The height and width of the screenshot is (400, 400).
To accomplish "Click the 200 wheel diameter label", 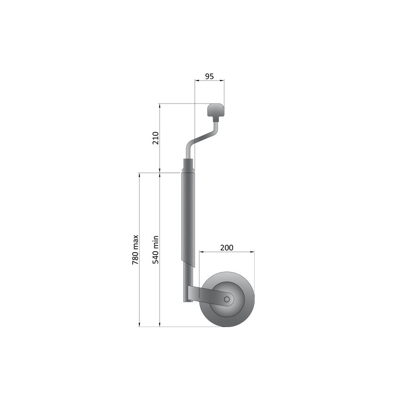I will tap(227, 247).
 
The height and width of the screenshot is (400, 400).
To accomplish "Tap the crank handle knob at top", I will tap(216, 111).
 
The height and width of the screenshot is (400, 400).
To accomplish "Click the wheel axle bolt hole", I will tap(227, 299).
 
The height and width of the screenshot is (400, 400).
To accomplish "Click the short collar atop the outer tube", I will tap(188, 166).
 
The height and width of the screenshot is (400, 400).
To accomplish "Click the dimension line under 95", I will tap(209, 81).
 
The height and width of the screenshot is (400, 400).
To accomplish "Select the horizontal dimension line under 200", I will tap(227, 252).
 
